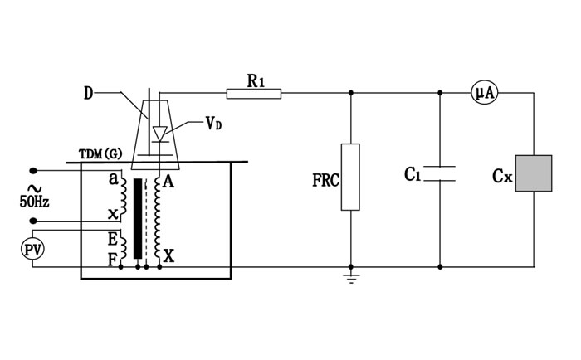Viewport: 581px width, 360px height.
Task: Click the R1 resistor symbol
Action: [x=254, y=92]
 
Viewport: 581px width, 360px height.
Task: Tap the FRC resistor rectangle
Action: [x=350, y=177]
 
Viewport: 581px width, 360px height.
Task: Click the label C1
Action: [x=413, y=174]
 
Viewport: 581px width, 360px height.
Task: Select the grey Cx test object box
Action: [x=534, y=173]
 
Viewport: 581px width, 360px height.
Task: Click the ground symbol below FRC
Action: [x=350, y=277]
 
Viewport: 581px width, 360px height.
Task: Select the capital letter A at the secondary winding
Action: [x=168, y=182]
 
